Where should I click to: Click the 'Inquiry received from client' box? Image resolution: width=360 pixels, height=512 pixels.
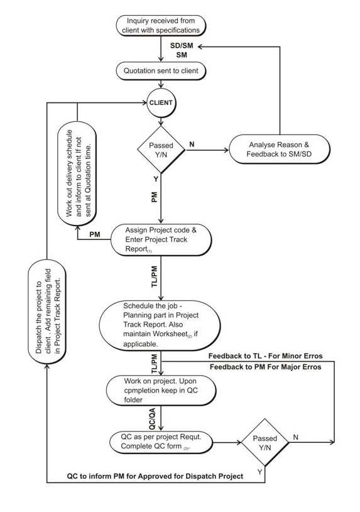click(163, 25)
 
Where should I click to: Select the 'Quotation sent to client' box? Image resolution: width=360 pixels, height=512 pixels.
click(163, 71)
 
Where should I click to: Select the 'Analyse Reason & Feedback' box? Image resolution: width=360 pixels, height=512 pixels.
click(279, 150)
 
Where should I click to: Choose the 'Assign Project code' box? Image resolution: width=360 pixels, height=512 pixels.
click(161, 240)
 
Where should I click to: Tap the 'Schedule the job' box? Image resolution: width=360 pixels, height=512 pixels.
click(161, 324)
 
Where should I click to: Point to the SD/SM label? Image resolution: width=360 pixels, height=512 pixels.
click(183, 46)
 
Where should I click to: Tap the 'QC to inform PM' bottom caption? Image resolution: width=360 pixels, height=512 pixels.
click(155, 476)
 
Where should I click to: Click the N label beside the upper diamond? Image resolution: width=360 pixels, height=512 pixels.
click(192, 144)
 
